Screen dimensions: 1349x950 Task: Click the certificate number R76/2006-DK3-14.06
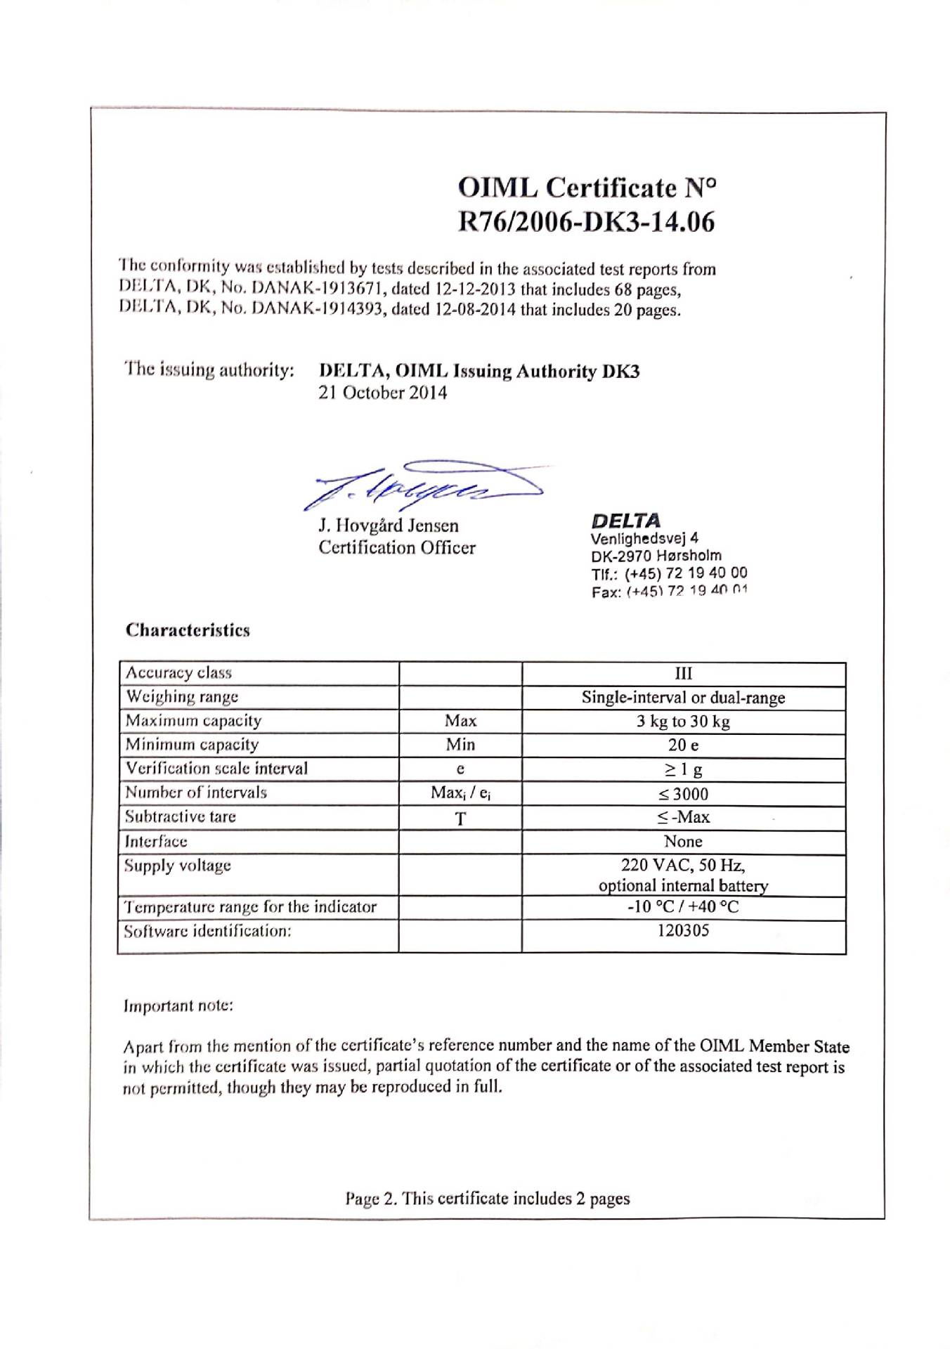point(586,222)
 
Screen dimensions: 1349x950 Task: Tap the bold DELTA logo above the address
point(625,521)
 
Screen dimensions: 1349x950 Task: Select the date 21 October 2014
point(383,393)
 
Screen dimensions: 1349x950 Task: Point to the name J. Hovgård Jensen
point(389,526)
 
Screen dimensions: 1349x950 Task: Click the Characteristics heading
point(188,630)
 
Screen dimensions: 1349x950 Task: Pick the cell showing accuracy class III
point(683,674)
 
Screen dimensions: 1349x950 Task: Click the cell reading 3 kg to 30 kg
point(683,722)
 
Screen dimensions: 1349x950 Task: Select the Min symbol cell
point(460,745)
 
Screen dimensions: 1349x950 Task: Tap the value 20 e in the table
point(683,745)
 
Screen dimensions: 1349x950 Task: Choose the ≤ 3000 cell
point(683,794)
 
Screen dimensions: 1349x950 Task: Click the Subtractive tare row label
point(181,817)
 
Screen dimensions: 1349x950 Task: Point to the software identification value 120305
point(683,931)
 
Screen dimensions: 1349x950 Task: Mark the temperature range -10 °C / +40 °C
point(683,907)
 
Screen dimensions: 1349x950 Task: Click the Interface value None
point(683,842)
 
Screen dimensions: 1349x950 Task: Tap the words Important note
point(178,1006)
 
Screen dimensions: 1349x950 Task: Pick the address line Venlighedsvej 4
point(644,539)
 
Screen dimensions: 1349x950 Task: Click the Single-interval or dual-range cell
point(683,698)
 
